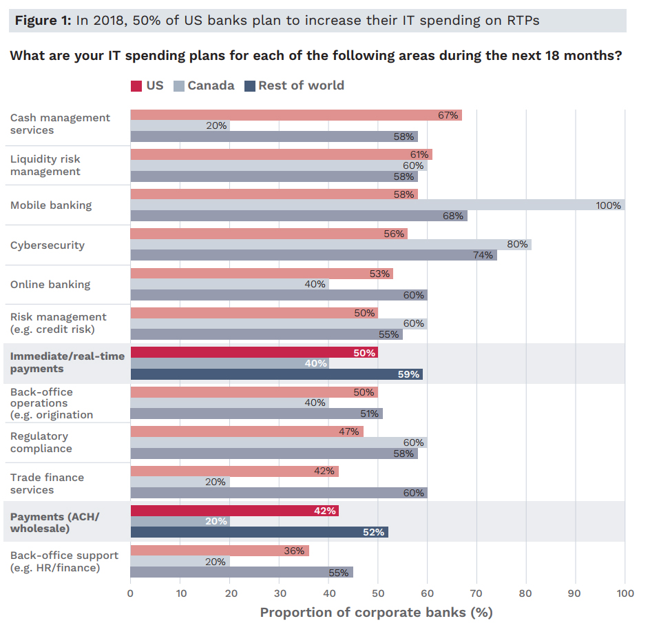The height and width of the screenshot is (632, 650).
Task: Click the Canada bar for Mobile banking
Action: pyautogui.click(x=377, y=205)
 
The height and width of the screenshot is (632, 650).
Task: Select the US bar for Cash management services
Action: pyautogui.click(x=296, y=115)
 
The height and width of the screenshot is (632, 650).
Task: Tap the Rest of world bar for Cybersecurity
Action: pyautogui.click(x=313, y=255)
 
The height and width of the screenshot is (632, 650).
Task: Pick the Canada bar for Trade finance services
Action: pyautogui.click(x=180, y=482)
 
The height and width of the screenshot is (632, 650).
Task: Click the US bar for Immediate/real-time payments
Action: pyautogui.click(x=254, y=353)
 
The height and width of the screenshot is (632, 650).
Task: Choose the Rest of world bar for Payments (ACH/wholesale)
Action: pyautogui.click(x=259, y=532)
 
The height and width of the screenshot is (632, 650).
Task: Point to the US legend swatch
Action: pyautogui.click(x=136, y=86)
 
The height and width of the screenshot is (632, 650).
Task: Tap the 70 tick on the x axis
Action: pyautogui.click(x=476, y=593)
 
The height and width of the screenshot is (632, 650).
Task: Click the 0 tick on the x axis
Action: pyautogui.click(x=130, y=593)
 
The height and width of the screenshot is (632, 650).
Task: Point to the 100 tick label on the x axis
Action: pyautogui.click(x=625, y=593)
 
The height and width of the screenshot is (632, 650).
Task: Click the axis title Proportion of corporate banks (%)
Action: pyautogui.click(x=376, y=613)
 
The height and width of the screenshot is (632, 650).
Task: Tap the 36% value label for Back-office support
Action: pyautogui.click(x=294, y=551)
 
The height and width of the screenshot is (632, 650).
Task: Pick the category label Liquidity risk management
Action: pyautogui.click(x=45, y=165)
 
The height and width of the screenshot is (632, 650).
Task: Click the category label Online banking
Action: pyautogui.click(x=50, y=285)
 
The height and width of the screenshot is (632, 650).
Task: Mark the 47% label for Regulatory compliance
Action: pyautogui.click(x=349, y=431)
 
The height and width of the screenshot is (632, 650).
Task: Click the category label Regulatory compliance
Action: pyautogui.click(x=41, y=442)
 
